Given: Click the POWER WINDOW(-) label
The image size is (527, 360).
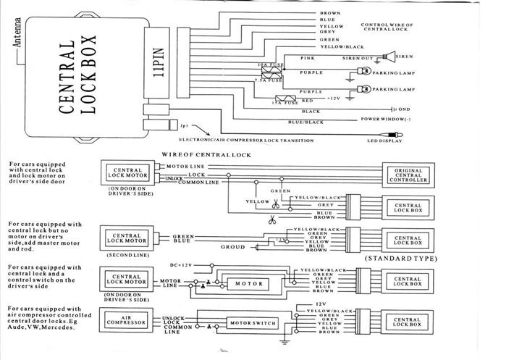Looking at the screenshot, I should point(387,119).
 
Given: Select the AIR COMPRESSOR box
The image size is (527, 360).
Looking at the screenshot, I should point(124,319).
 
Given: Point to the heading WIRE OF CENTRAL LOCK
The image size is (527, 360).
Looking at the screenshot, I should point(206,154).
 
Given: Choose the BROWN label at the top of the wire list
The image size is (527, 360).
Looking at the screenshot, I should point(329,14).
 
